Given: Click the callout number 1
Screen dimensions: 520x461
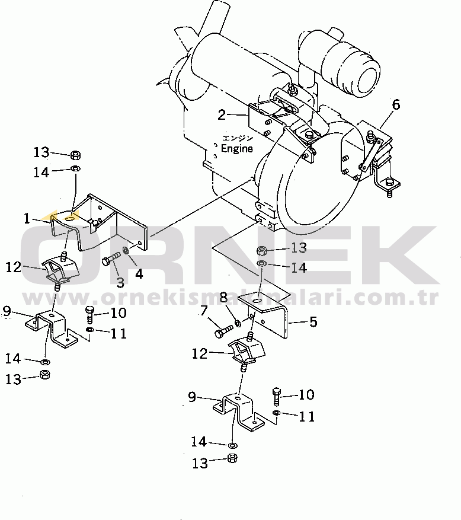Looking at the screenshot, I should (x=27, y=218).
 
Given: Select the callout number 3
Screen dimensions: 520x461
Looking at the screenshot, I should (x=120, y=282).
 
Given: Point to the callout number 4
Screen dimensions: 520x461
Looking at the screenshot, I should (x=138, y=275).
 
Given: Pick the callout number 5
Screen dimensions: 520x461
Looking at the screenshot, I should (x=313, y=322).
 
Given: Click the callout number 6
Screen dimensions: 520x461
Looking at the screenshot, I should (x=396, y=106).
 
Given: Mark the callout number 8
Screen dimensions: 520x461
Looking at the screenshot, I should (x=223, y=296).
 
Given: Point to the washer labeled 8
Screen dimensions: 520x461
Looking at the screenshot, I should (x=237, y=323).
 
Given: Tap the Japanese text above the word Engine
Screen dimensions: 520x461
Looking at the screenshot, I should (x=237, y=138).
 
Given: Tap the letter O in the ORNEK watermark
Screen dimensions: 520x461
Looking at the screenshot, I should (x=59, y=255).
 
